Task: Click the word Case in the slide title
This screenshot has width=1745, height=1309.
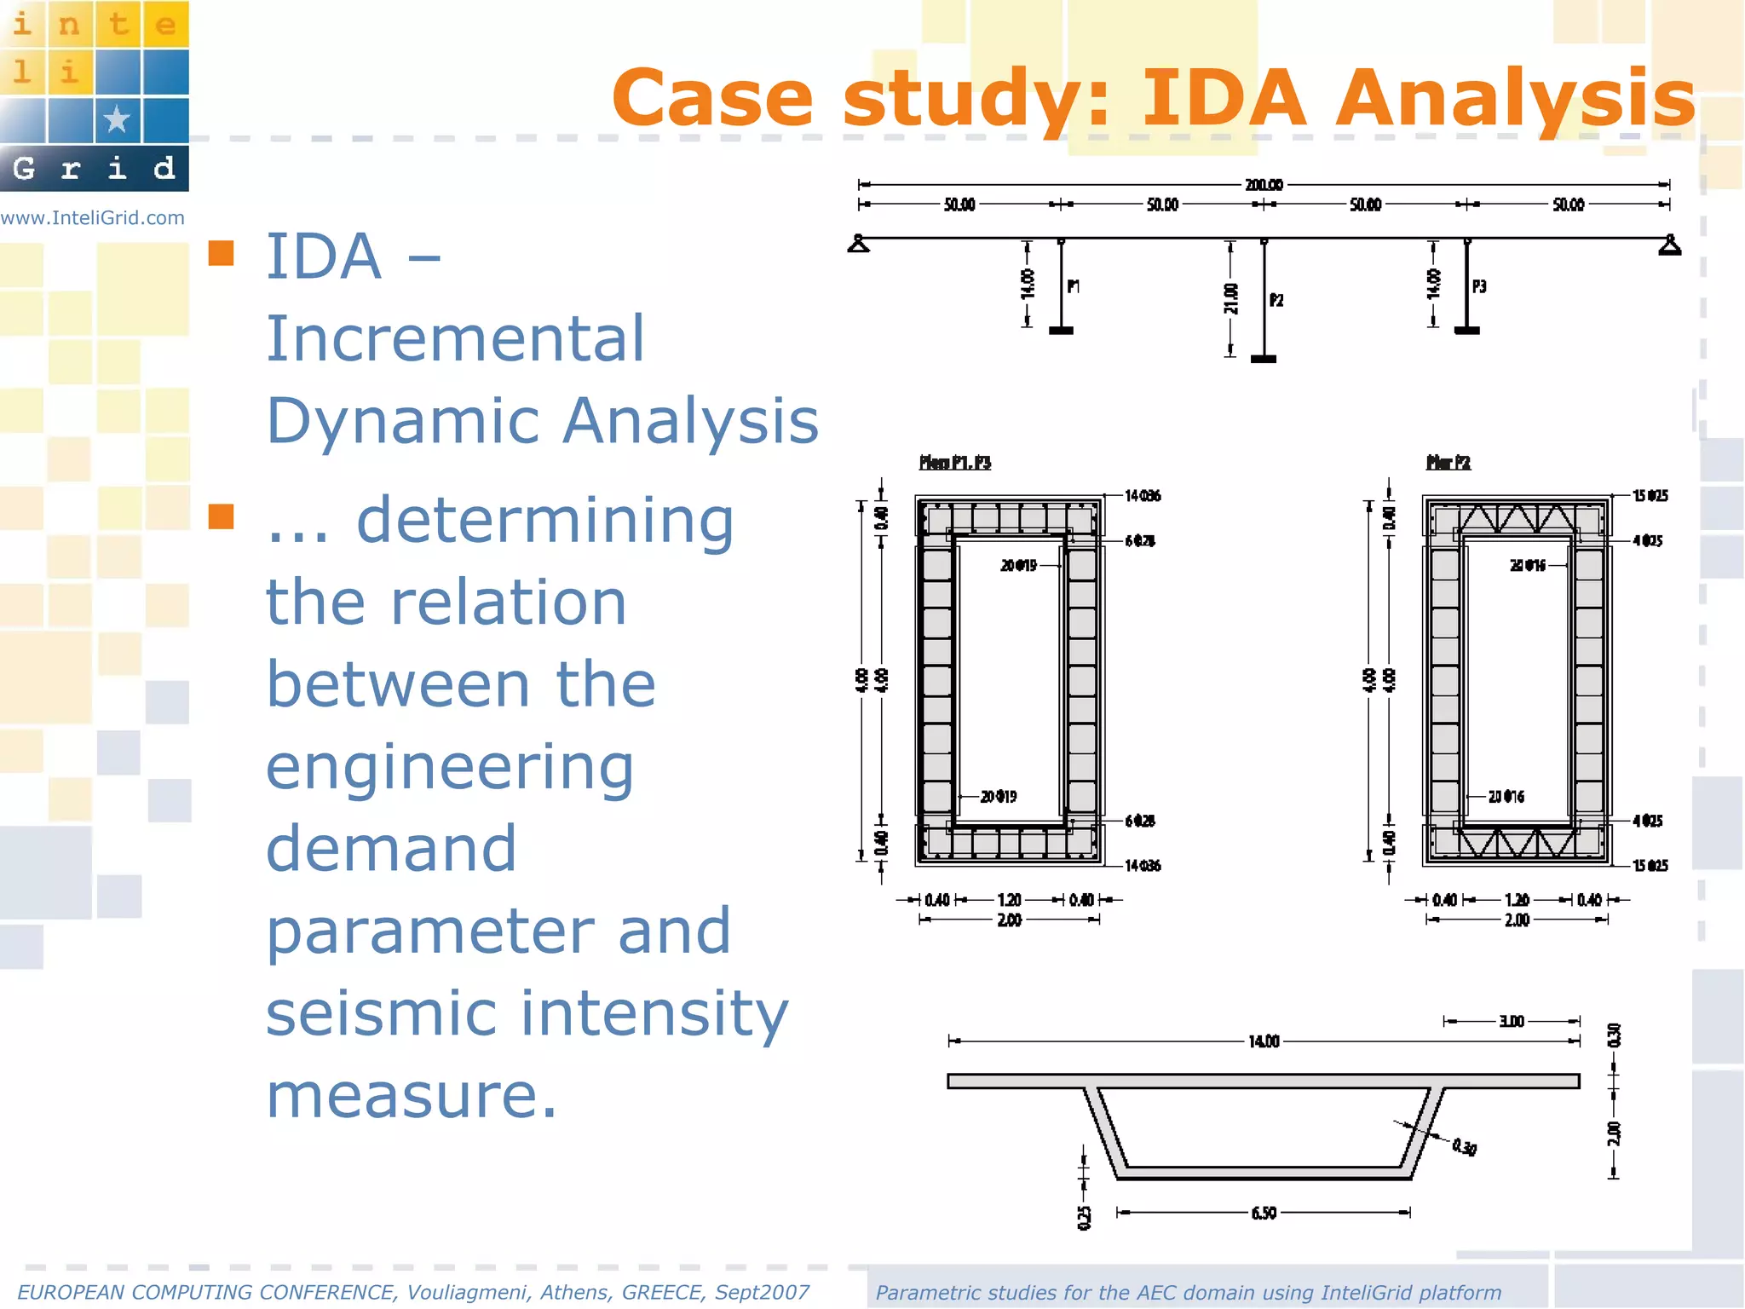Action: point(712,99)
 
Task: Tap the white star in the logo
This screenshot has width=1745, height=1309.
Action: point(117,119)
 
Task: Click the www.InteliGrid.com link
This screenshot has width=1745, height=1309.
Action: point(93,218)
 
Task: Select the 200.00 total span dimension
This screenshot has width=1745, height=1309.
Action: point(1264,184)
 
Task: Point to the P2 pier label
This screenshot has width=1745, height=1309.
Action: point(1276,300)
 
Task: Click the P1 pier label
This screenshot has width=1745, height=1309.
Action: point(1074,286)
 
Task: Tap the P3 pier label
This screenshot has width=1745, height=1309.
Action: point(1479,286)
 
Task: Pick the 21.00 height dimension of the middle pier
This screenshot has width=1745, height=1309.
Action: point(1231,298)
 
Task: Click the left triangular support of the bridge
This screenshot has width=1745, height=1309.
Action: point(859,245)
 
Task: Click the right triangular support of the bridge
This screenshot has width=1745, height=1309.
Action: point(1670,245)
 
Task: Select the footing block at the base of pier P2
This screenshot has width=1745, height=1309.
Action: point(1264,359)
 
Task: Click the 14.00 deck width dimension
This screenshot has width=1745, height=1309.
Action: point(1264,1041)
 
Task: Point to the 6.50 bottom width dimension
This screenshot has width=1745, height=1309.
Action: point(1264,1213)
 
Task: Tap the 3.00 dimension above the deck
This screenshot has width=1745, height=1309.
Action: point(1512,1021)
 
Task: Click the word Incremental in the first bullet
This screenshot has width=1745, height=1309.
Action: point(456,338)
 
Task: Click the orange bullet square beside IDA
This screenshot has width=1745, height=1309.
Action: point(222,253)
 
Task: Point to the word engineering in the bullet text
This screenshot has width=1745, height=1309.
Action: point(450,768)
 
